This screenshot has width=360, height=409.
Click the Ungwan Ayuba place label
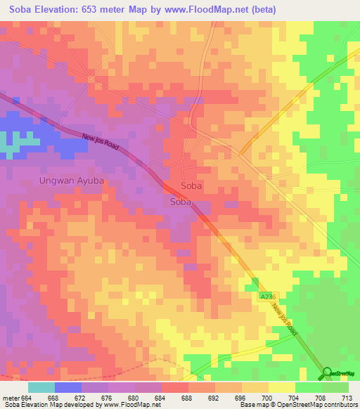click(x=70, y=181)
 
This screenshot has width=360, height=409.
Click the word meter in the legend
click(x=11, y=397)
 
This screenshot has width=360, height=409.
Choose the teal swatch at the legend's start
click(x=41, y=387)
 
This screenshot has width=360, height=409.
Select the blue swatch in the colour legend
click(x=68, y=387)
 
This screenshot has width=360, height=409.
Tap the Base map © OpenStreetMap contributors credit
click(x=296, y=405)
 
